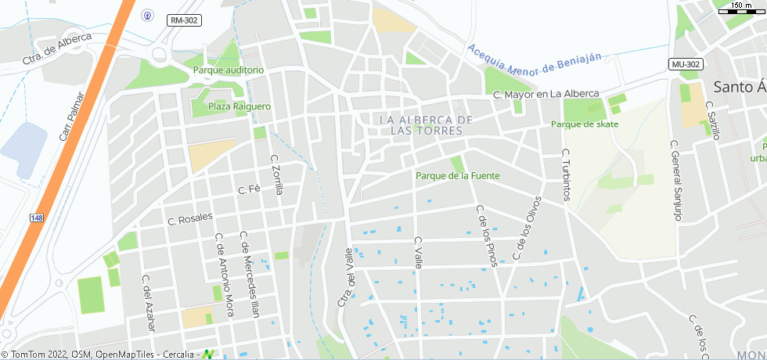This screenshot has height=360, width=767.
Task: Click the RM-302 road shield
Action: [x=182, y=20]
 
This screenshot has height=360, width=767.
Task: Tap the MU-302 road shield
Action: [x=686, y=64]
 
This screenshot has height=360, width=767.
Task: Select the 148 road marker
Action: [x=37, y=218]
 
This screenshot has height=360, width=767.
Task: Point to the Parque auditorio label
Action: [x=229, y=70]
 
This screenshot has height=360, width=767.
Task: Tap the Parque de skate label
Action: [x=585, y=124]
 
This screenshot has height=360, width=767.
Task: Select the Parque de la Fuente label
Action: [x=457, y=176]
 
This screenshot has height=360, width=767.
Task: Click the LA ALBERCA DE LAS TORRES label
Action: [x=426, y=125]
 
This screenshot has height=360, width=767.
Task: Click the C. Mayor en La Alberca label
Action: [x=546, y=94]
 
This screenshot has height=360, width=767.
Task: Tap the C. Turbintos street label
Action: [x=567, y=174]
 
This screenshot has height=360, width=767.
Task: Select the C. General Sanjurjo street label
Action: [x=675, y=181]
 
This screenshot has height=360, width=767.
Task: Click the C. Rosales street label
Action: [x=190, y=219]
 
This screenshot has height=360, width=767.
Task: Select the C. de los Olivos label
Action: [x=527, y=228]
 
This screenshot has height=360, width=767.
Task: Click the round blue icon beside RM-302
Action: [x=147, y=15]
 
